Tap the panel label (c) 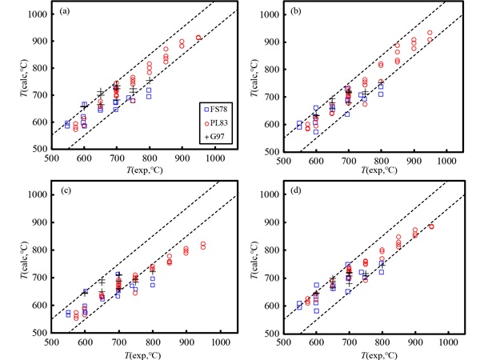click(x=62, y=192)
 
